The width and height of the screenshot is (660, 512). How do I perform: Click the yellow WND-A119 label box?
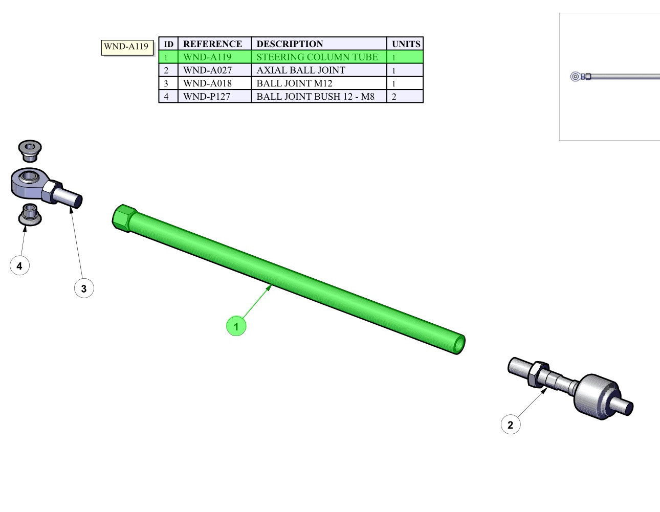(x=127, y=48)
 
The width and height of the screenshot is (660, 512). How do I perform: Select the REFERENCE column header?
(x=214, y=43)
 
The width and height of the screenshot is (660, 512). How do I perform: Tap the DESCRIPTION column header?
(x=319, y=43)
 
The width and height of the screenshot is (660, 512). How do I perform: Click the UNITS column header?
(x=405, y=43)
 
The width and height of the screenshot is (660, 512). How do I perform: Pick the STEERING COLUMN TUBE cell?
(x=319, y=57)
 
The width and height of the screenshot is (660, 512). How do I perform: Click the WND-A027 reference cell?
(x=214, y=70)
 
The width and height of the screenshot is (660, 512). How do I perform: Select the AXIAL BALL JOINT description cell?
(x=319, y=70)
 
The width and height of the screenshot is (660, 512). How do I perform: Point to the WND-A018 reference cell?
(x=214, y=83)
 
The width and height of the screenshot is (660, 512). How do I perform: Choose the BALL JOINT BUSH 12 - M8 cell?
(x=319, y=96)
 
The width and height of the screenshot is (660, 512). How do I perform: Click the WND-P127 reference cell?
(x=214, y=96)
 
